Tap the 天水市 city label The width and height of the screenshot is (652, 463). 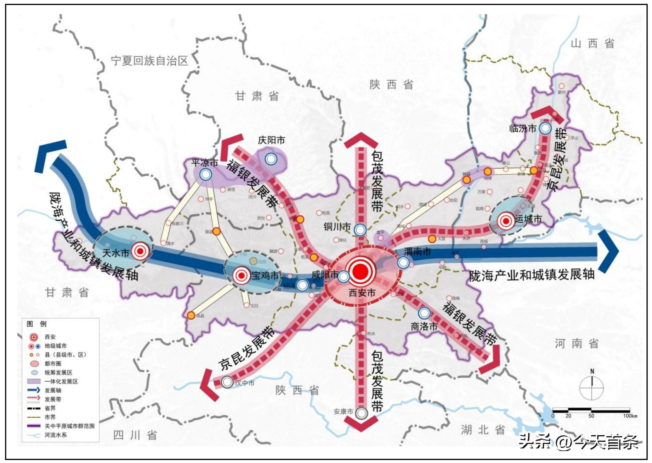(115, 252)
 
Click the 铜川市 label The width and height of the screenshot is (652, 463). (337, 227)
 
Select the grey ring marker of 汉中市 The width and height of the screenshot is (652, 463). (227, 382)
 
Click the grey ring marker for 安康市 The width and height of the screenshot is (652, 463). (362, 413)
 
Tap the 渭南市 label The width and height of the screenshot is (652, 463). (417, 251)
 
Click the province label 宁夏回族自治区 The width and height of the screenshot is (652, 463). (149, 61)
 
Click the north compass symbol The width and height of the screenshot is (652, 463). (592, 385)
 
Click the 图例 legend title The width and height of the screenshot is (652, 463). (36, 324)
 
